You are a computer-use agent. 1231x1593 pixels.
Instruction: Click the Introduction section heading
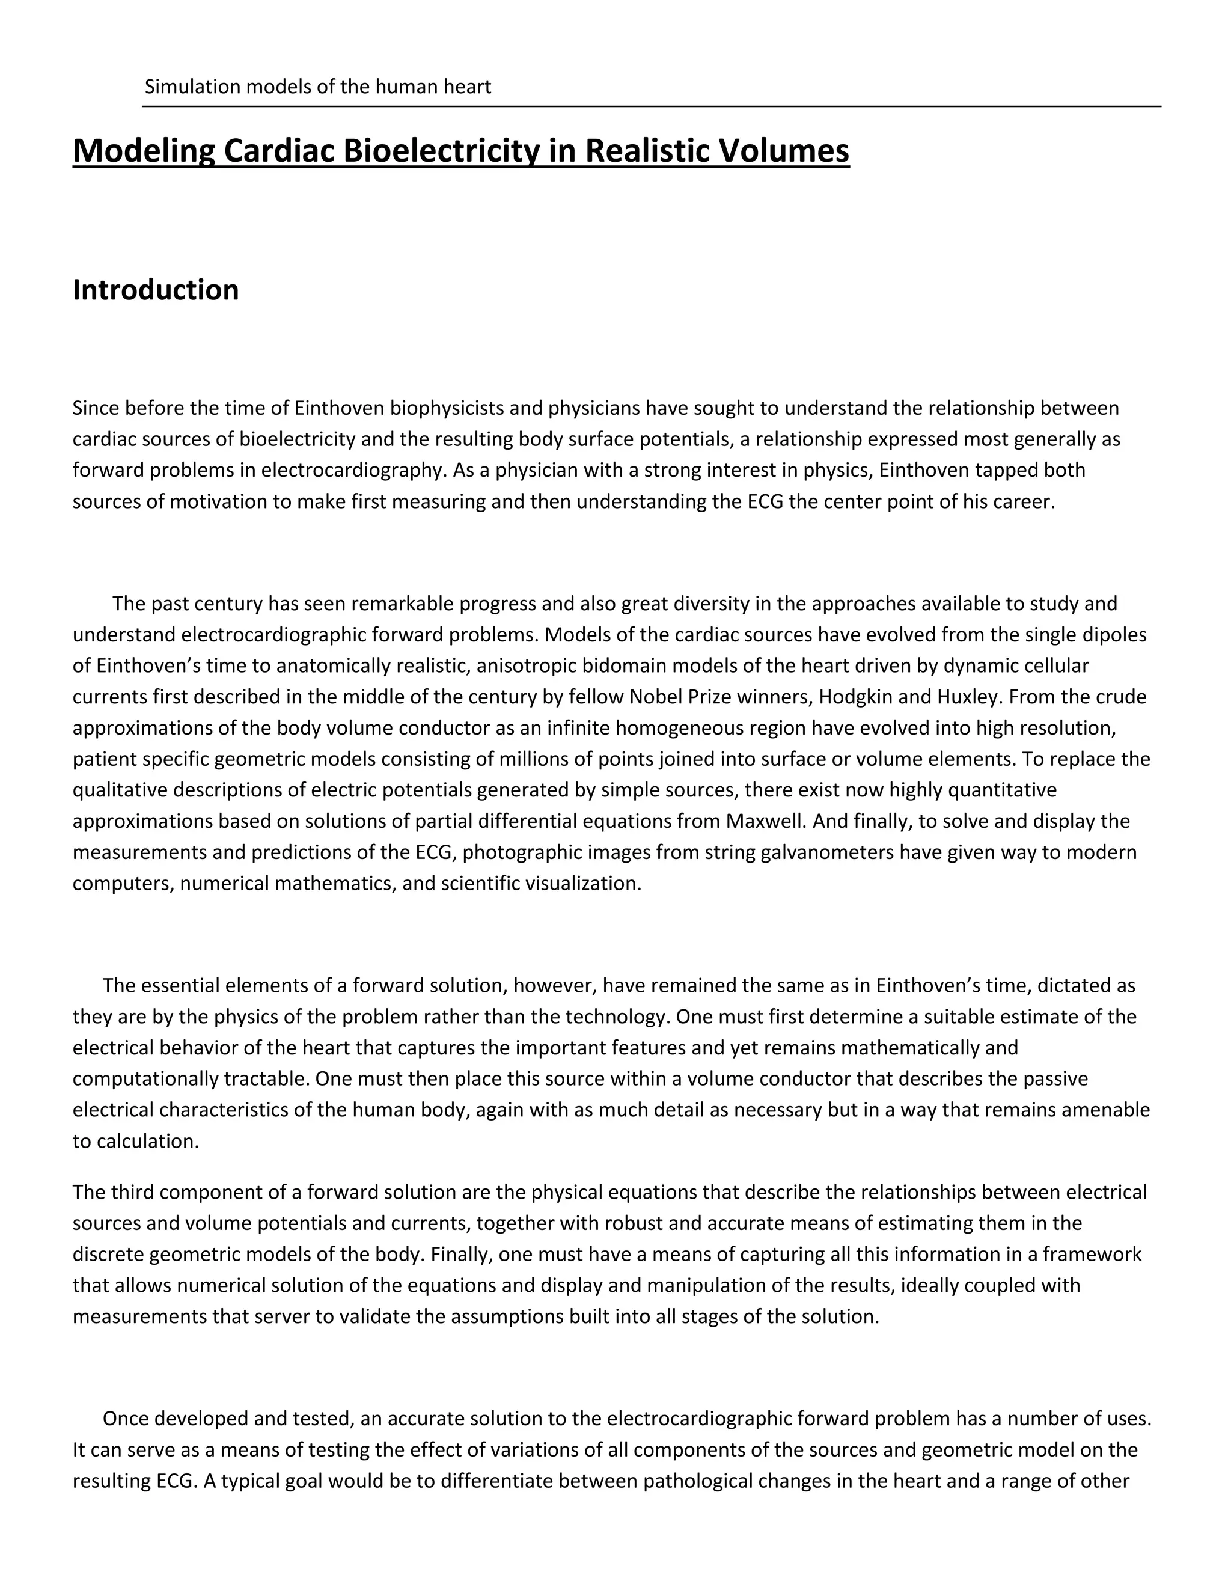[155, 290]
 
